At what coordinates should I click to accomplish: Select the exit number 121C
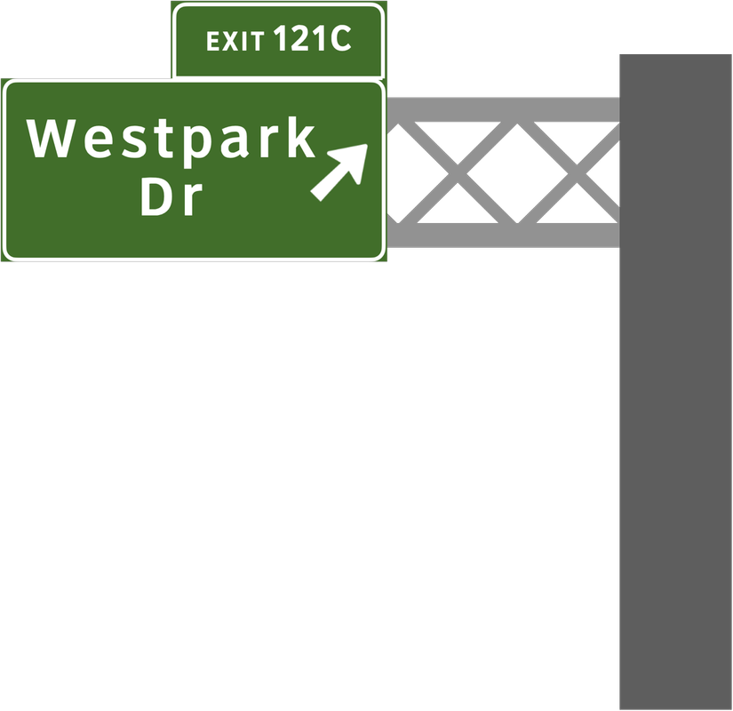313,39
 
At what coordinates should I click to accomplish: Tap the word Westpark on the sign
171,140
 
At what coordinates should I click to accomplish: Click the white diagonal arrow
339,171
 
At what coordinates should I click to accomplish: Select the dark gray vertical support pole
675,382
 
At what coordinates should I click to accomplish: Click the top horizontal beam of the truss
502,108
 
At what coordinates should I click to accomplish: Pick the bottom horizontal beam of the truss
502,235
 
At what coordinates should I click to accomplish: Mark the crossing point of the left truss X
458,172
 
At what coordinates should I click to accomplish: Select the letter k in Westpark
302,139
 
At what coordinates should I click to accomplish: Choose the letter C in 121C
339,39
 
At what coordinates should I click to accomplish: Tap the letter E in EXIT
212,41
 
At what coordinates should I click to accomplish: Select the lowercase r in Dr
187,201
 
